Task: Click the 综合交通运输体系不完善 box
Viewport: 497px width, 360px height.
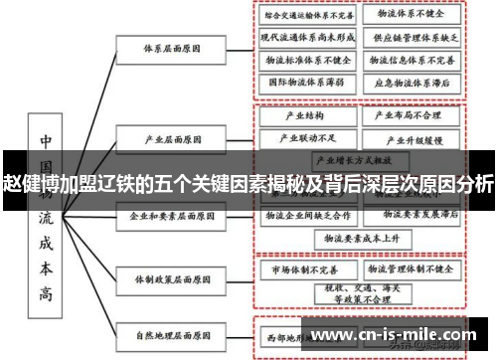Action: [x=306, y=17]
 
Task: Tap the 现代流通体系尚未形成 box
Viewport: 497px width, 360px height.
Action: [x=306, y=39]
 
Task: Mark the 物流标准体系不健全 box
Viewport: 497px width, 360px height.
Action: [x=306, y=61]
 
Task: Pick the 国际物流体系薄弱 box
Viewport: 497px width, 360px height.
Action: [x=306, y=83]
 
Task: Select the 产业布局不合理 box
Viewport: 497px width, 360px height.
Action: [x=408, y=115]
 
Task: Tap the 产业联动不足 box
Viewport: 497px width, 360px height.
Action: [x=298, y=136]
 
